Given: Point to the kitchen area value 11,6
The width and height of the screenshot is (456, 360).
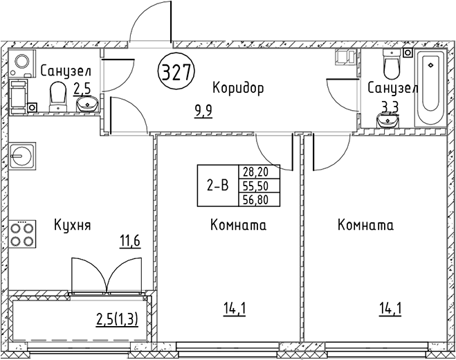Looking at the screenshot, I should click(x=129, y=241).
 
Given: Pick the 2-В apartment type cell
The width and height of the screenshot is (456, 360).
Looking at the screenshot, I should click(x=218, y=185).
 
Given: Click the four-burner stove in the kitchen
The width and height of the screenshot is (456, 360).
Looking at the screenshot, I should click(x=23, y=233).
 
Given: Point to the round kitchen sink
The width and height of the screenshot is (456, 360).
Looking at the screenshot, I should click(x=23, y=156).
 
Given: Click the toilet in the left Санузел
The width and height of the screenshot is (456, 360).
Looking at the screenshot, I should click(x=56, y=96).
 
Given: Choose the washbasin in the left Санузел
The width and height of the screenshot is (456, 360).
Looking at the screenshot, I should click(x=87, y=105).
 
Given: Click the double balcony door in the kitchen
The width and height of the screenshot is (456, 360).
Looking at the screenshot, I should click(x=109, y=276).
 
